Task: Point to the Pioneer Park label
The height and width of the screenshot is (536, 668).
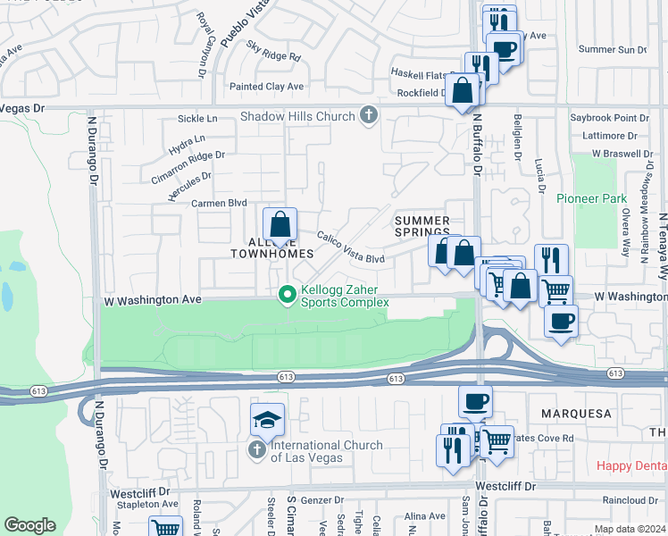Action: pos(585,197)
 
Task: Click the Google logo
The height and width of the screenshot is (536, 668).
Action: pos(29,525)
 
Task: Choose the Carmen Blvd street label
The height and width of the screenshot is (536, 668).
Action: pos(219,204)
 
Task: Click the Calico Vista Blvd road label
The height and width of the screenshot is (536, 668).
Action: pos(351,247)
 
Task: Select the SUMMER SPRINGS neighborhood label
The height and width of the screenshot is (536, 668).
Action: pos(422,226)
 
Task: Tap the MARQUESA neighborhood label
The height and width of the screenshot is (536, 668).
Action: pos(575,414)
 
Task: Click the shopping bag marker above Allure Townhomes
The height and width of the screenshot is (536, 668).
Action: pos(280,224)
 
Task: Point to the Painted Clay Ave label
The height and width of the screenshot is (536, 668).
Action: pos(267,87)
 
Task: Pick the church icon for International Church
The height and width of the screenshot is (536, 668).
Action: pos(257,449)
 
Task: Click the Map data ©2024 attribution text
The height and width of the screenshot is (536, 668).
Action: pos(630,529)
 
